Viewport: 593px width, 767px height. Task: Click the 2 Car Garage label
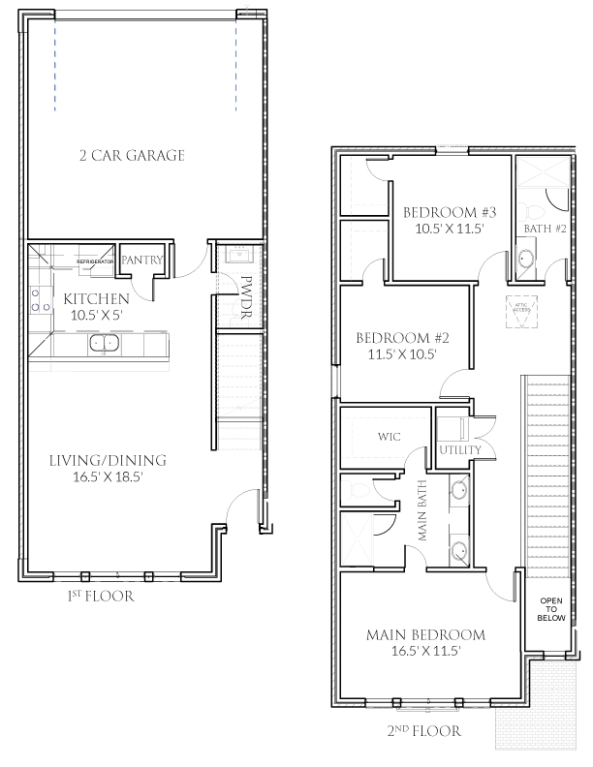tap(132, 155)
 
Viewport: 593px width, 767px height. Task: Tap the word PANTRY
tap(140, 261)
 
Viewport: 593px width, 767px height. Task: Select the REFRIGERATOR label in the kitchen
tap(97, 261)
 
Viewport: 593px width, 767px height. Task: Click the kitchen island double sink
tap(103, 342)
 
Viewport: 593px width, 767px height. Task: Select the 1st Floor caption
tap(100, 597)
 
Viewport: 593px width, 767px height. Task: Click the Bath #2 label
tap(539, 229)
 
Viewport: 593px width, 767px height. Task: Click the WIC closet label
tap(390, 437)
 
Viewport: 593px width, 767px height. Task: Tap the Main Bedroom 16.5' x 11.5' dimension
tap(426, 652)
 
